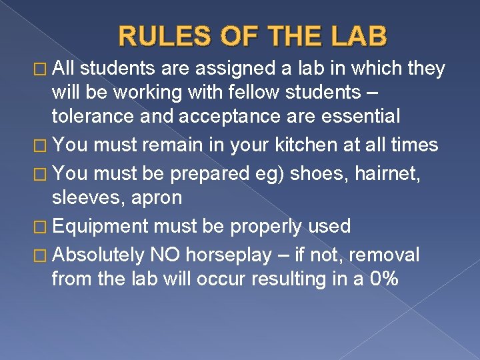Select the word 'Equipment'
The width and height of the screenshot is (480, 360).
point(100,227)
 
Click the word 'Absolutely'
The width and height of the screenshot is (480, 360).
point(98,255)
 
